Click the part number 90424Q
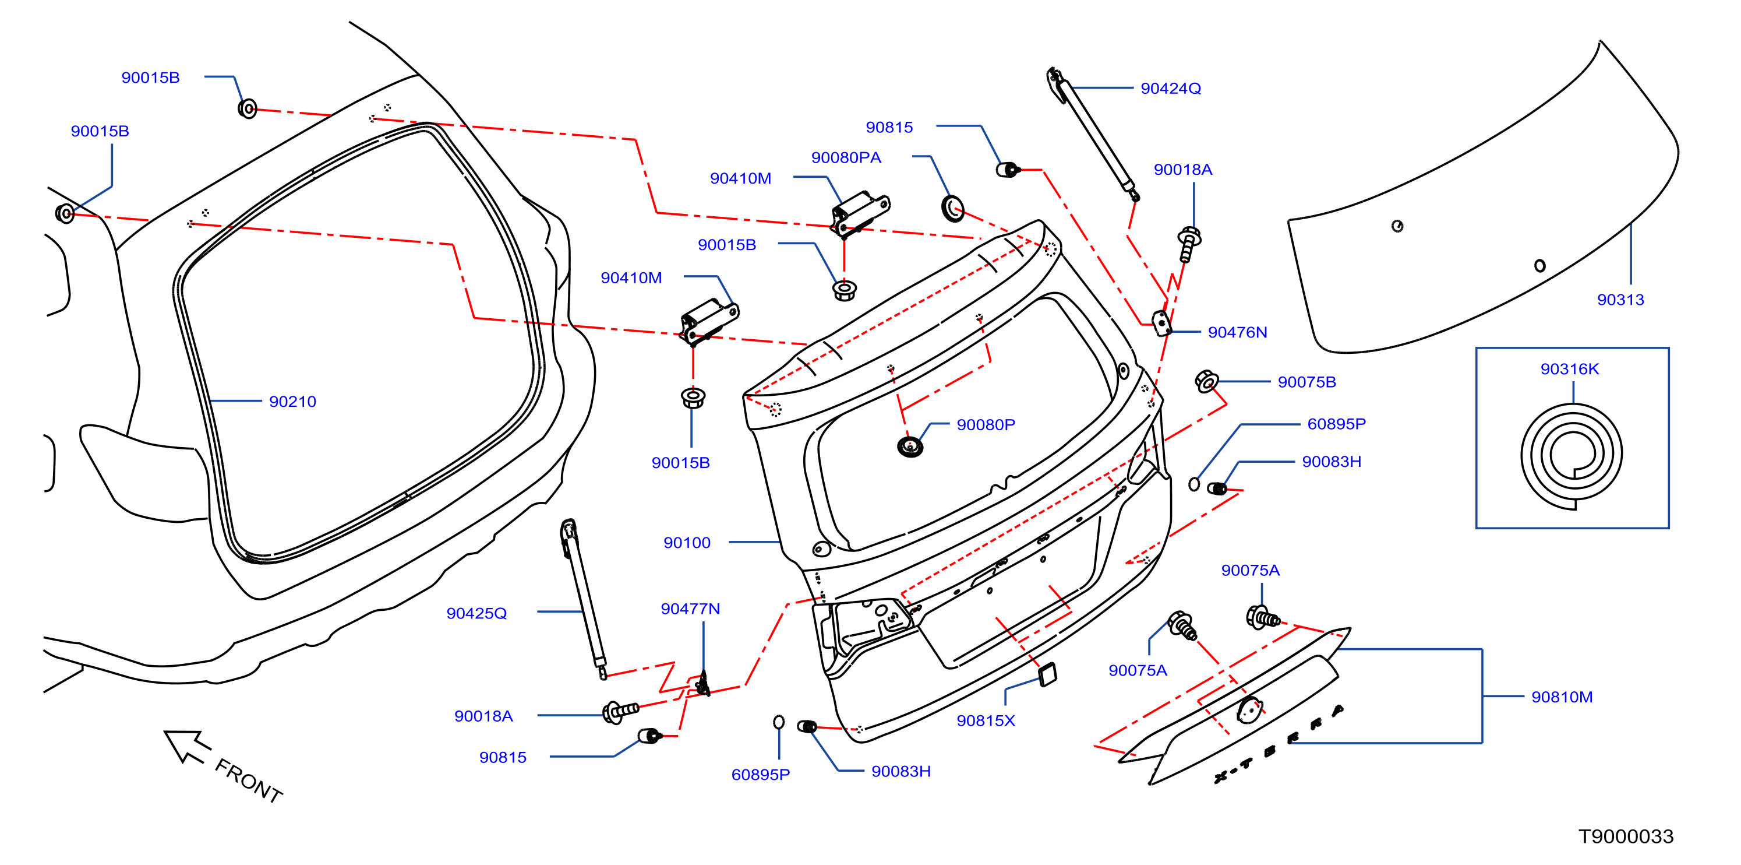pyautogui.click(x=1171, y=89)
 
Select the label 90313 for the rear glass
pyautogui.click(x=1620, y=300)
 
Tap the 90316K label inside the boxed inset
pyautogui.click(x=1569, y=370)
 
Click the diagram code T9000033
pyautogui.click(x=1626, y=836)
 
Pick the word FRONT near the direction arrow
pyautogui.click(x=249, y=781)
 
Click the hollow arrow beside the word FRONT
pyautogui.click(x=186, y=746)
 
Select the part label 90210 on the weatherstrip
pyautogui.click(x=292, y=402)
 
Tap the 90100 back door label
pyautogui.click(x=687, y=543)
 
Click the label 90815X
pyautogui.click(x=986, y=721)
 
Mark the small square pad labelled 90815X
pyautogui.click(x=1048, y=674)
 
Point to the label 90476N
pyautogui.click(x=1237, y=333)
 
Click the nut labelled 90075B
pyautogui.click(x=1206, y=381)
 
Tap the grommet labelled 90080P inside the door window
pyautogui.click(x=910, y=446)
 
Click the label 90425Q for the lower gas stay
pyautogui.click(x=476, y=613)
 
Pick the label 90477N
pyautogui.click(x=690, y=609)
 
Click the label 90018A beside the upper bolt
pyautogui.click(x=1183, y=170)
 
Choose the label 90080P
pyautogui.click(x=986, y=425)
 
